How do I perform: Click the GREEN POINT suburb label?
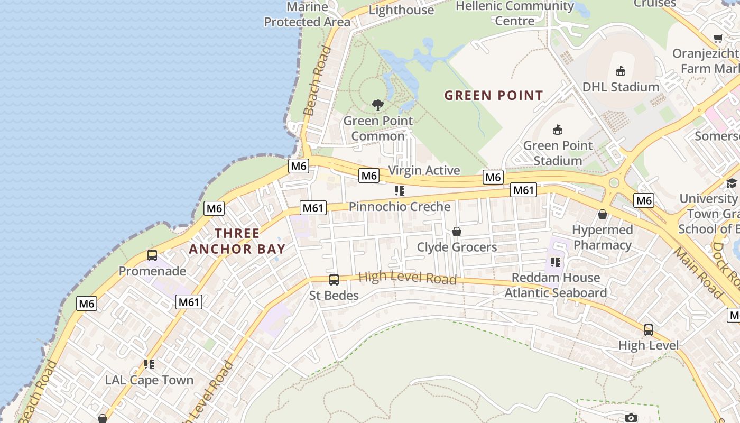click(x=494, y=96)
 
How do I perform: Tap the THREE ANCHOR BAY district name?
click(x=237, y=241)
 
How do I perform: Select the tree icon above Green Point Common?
click(x=377, y=105)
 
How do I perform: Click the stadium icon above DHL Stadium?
click(x=621, y=71)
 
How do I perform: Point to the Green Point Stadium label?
click(x=558, y=153)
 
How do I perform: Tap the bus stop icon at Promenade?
click(x=152, y=255)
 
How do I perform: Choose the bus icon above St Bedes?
click(x=334, y=280)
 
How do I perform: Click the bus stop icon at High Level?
click(x=649, y=330)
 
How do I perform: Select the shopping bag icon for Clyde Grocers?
click(x=457, y=232)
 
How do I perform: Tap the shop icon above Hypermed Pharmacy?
click(x=602, y=214)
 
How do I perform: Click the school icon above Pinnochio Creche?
click(x=400, y=191)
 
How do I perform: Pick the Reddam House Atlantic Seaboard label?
click(x=556, y=285)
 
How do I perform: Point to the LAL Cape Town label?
click(x=149, y=380)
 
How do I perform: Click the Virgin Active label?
click(x=424, y=171)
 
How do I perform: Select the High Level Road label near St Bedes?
click(x=407, y=278)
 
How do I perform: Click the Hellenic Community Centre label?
click(x=514, y=13)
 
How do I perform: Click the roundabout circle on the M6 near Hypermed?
click(x=614, y=183)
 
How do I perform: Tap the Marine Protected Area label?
click(x=307, y=14)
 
